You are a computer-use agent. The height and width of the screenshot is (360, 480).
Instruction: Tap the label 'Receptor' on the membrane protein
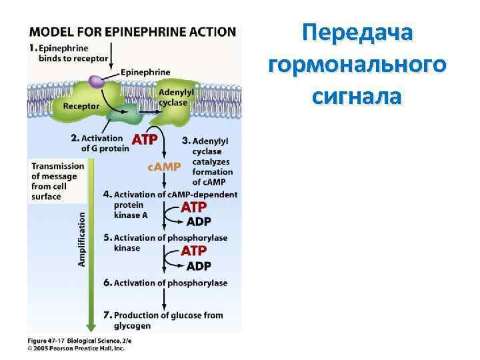click(81, 106)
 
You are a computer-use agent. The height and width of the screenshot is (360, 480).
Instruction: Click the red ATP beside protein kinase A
click(194, 208)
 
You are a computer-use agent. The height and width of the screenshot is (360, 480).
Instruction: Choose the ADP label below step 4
click(199, 222)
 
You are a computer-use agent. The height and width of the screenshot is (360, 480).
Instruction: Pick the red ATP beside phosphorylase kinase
click(194, 251)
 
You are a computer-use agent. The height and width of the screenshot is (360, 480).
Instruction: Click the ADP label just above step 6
click(199, 266)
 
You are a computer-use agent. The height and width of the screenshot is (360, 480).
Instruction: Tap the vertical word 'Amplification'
click(82, 239)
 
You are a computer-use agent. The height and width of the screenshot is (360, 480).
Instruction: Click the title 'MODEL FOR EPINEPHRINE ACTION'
click(132, 31)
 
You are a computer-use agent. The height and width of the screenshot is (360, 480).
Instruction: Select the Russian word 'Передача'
click(357, 33)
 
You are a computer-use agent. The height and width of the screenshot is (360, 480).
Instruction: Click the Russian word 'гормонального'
click(357, 65)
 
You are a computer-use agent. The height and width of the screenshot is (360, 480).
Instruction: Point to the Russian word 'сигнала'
click(357, 97)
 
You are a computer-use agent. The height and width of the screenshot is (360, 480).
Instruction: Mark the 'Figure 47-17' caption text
click(51, 341)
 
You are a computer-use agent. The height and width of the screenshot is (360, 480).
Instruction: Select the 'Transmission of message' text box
click(54, 181)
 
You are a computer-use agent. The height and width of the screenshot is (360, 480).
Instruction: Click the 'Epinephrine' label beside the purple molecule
click(145, 72)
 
